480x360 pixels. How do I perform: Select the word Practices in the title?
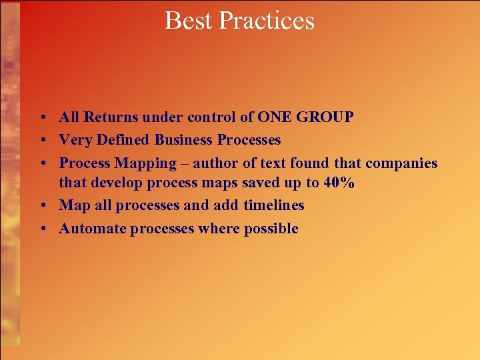(266, 21)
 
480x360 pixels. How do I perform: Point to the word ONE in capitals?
(274, 117)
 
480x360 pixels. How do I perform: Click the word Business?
(184, 140)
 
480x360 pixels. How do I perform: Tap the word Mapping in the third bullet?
(145, 163)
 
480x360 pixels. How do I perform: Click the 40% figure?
(339, 183)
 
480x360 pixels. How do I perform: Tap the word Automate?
(93, 229)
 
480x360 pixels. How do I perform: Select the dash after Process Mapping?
(185, 163)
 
